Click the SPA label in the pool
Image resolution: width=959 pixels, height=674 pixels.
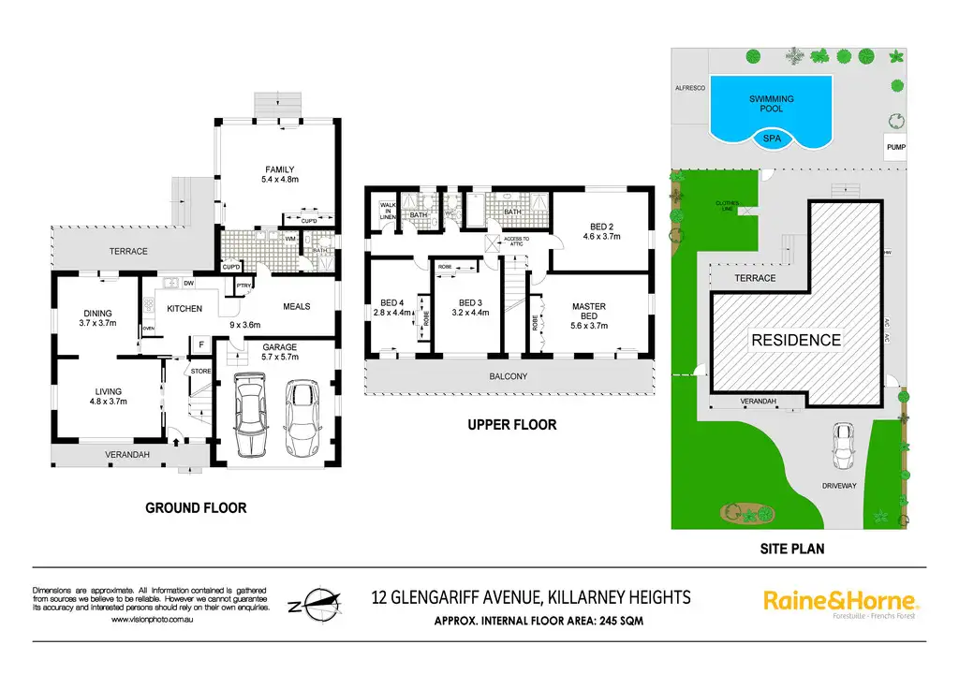(x=772, y=138)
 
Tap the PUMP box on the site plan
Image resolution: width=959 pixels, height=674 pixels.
(x=896, y=148)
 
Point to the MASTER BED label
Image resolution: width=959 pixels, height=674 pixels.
(x=589, y=313)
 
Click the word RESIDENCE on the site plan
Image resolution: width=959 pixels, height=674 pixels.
(x=796, y=340)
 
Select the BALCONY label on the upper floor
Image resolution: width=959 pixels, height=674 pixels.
(x=509, y=376)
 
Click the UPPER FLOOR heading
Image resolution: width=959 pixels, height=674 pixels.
(x=512, y=425)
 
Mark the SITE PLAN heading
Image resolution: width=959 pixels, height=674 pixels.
(x=791, y=549)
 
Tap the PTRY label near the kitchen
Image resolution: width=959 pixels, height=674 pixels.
(x=243, y=286)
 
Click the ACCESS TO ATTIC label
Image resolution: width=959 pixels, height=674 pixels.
(x=517, y=241)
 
